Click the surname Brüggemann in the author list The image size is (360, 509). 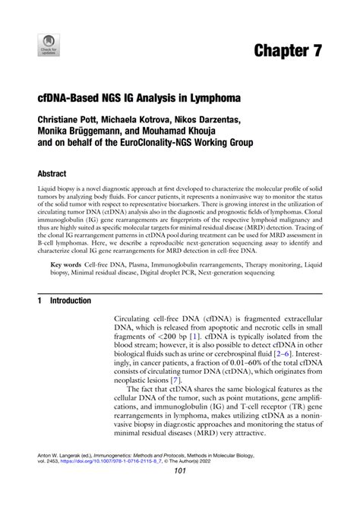coord(99,131)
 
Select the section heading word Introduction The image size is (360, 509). coord(71,300)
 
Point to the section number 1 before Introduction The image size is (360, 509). coord(39,300)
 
